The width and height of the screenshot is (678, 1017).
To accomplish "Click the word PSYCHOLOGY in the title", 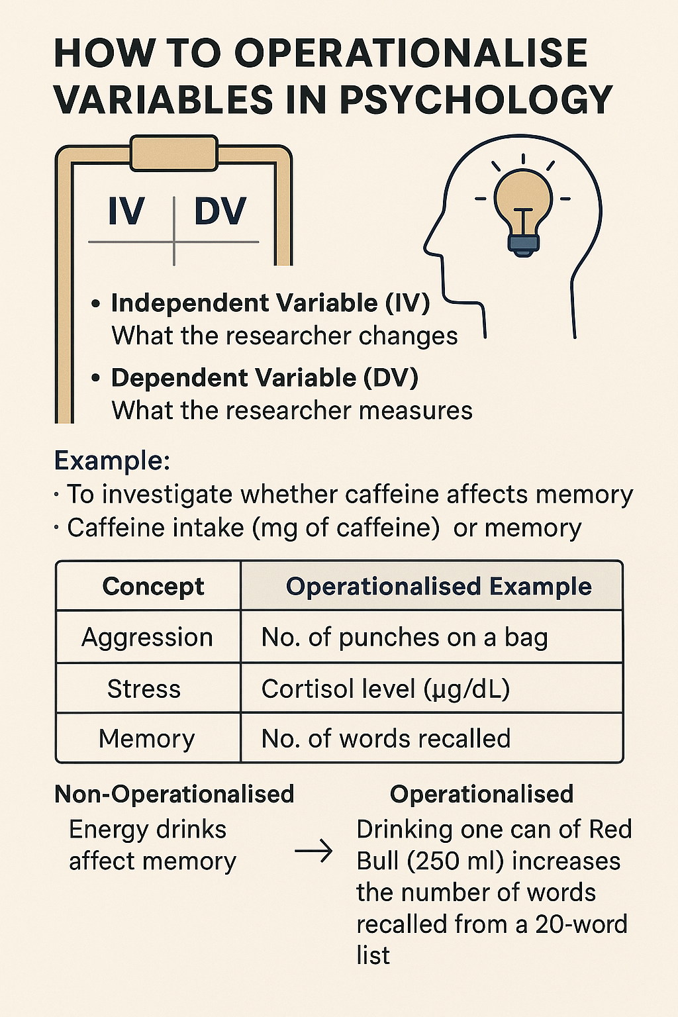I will coord(475,101).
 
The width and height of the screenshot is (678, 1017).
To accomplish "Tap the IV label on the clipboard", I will coord(126,212).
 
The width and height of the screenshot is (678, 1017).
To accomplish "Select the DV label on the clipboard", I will coord(220,212).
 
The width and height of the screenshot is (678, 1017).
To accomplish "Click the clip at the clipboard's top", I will coord(174,153).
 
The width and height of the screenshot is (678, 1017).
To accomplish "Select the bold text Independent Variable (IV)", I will coord(270,303).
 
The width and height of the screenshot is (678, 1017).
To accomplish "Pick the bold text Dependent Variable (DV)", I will coord(264,378).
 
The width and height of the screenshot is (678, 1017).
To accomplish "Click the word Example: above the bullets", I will coord(112,460).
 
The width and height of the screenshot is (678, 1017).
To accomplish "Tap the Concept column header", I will coord(153,587).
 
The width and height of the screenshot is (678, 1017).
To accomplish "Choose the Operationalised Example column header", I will coord(438,587).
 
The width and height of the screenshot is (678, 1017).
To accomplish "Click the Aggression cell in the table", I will coord(147,638).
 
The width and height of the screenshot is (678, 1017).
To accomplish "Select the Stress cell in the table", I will coord(144,689).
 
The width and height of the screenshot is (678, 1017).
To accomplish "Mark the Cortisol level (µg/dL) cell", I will coord(385,689).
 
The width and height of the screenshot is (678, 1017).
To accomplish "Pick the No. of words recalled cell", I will coord(386,739).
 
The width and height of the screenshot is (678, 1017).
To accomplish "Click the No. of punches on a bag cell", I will coord(405,638).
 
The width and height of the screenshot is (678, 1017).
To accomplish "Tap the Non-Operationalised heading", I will coord(174,794).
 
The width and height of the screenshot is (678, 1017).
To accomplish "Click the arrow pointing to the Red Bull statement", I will coord(313,851).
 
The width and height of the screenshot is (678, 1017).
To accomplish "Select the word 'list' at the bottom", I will coord(373,956).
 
